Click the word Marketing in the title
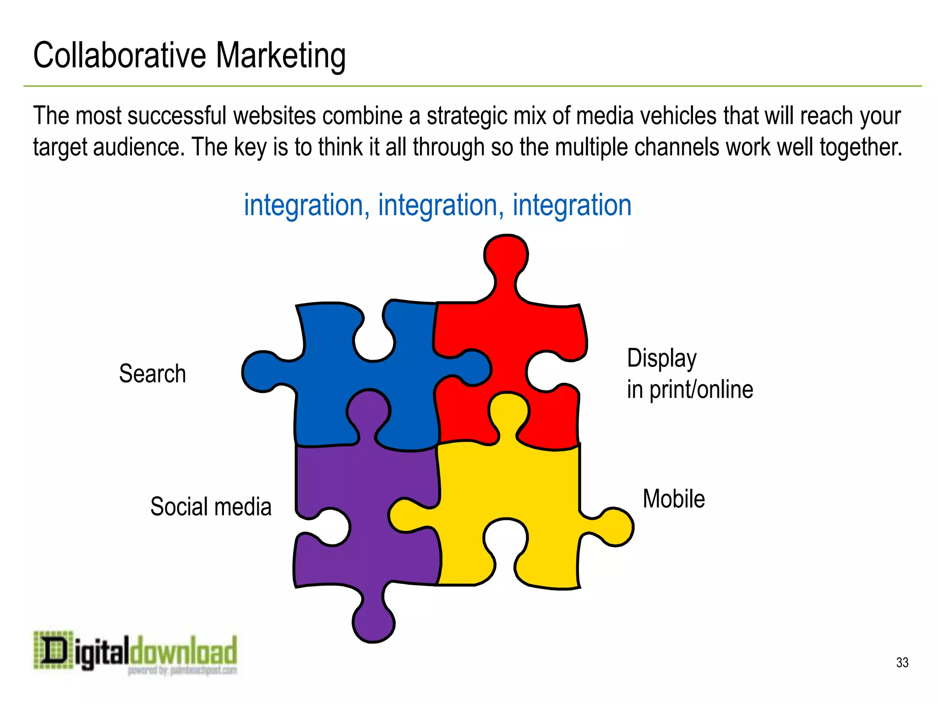click(x=280, y=56)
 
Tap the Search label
click(x=153, y=374)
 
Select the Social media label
click(x=211, y=507)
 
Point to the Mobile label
click(x=674, y=499)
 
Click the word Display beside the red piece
click(x=661, y=358)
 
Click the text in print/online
click(x=690, y=390)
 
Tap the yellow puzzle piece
click(x=504, y=486)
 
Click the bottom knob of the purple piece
click(x=373, y=621)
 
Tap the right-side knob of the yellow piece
click(x=614, y=527)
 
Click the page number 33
click(x=902, y=662)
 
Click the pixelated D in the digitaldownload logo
click(x=54, y=650)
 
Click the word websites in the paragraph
click(x=274, y=115)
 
